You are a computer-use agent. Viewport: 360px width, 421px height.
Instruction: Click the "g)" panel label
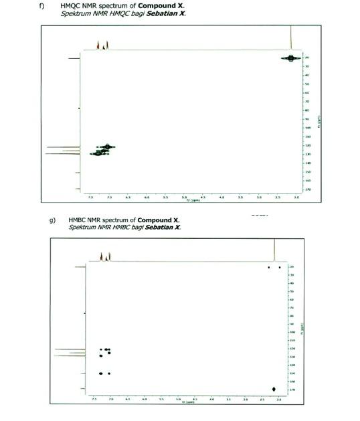pos(52,220)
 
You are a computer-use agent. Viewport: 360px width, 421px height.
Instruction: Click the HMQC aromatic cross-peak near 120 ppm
pos(107,147)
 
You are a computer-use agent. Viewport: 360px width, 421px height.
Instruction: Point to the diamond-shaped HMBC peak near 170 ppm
pos(274,389)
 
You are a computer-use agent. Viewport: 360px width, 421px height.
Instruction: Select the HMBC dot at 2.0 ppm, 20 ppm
pos(280,267)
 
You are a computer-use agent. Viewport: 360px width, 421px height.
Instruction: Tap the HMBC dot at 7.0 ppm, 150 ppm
pos(108,373)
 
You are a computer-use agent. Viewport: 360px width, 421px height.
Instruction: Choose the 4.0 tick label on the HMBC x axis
pos(211,399)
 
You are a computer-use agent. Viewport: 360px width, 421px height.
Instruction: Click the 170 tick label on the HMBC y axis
pos(292,390)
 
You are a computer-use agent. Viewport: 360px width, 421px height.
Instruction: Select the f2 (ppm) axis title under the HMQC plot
pos(192,200)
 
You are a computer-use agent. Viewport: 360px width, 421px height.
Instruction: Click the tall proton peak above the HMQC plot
pos(290,37)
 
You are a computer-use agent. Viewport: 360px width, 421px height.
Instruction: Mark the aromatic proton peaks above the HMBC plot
pos(104,256)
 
